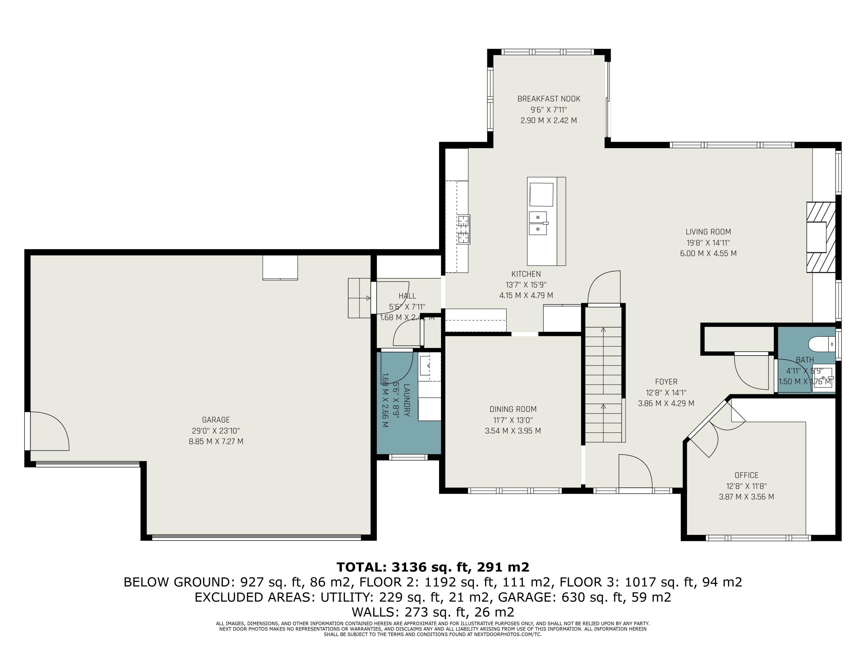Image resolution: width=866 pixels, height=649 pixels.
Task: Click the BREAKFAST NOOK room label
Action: [548, 99]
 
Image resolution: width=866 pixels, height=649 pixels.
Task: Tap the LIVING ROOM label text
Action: [708, 232]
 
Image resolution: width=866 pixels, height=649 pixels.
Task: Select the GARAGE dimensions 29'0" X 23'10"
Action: [216, 431]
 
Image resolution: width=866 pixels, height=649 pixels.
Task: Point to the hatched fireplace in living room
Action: [821, 237]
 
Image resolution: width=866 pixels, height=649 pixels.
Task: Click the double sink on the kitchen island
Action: [538, 223]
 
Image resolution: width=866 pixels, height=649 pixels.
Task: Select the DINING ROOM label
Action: [513, 409]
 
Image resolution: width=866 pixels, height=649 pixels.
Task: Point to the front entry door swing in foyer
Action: [634, 471]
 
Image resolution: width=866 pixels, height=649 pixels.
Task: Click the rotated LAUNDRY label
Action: [407, 400]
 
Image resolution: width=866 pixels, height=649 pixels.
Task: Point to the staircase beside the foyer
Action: [603, 376]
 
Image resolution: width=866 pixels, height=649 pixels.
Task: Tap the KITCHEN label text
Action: [526, 274]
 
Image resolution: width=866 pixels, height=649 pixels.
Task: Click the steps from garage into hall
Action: [359, 298]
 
